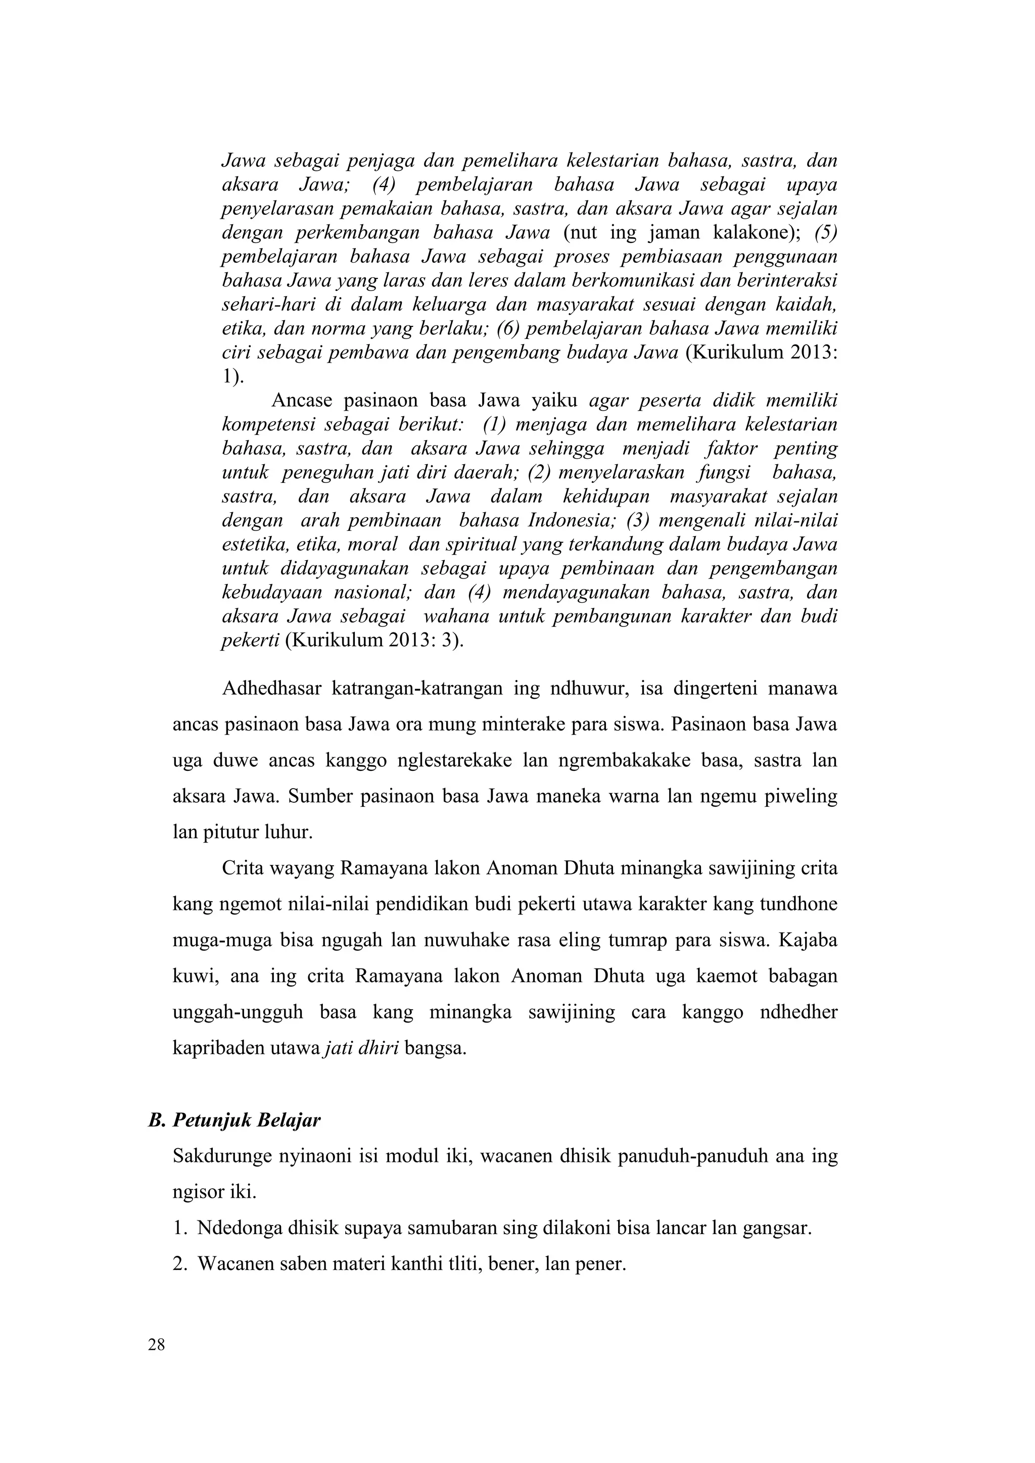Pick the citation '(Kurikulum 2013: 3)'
374,641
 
